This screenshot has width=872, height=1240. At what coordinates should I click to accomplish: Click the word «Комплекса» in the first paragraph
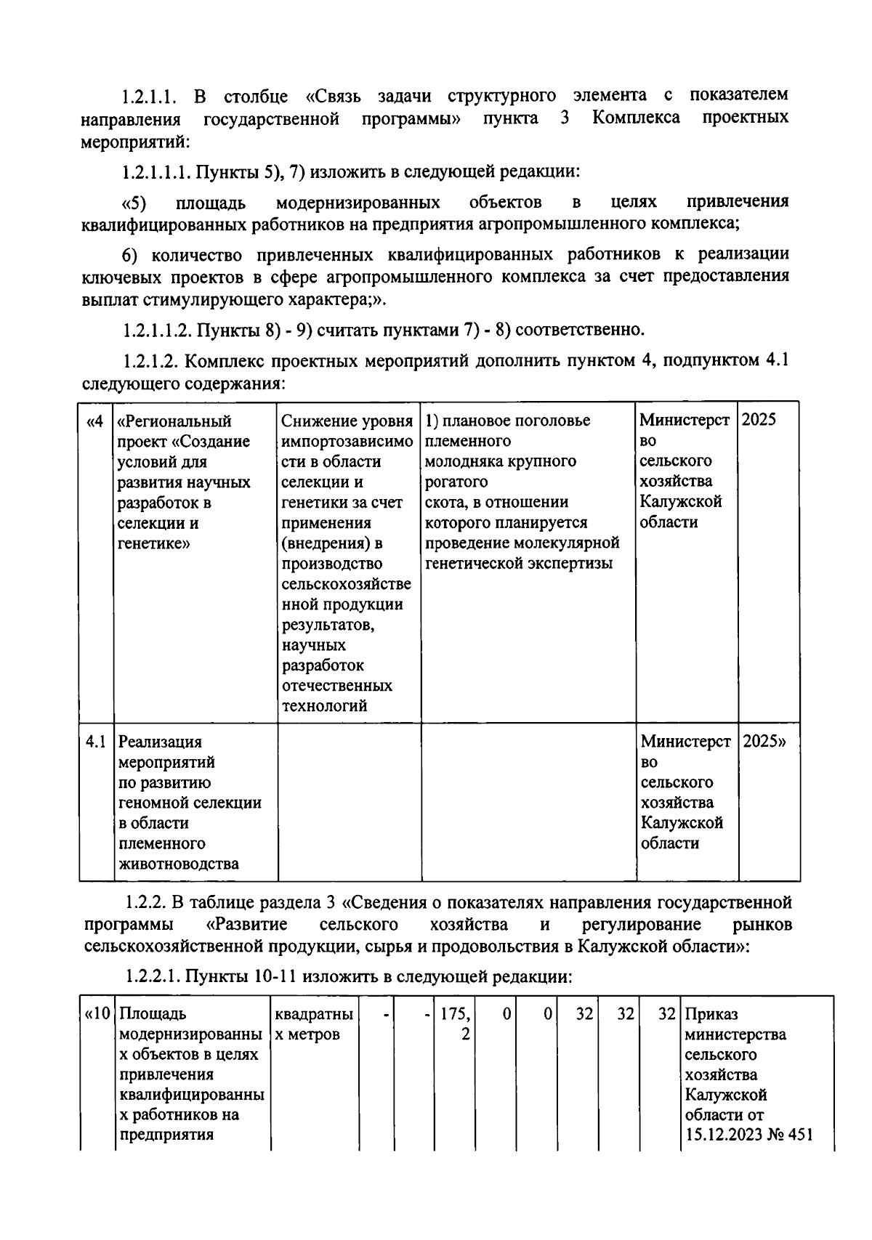pos(636,117)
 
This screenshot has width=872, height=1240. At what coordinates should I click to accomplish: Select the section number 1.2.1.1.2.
pos(156,331)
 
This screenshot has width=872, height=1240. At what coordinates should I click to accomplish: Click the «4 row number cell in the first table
pos(95,421)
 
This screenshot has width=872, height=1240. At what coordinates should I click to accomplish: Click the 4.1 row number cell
pos(96,742)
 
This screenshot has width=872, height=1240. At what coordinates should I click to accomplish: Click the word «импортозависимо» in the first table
pos(347,441)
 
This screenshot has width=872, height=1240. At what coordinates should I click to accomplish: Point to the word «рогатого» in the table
pos(456,482)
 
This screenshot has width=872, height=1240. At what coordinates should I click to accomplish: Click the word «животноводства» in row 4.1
pos(178,864)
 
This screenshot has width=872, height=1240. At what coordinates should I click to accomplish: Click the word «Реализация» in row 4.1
pos(160,742)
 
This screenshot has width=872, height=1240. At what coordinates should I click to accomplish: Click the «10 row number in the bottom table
pos(97,1013)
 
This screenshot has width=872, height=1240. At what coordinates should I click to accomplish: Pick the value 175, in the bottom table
pos(455,1013)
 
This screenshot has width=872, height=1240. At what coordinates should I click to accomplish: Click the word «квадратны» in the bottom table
pos(314,1013)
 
